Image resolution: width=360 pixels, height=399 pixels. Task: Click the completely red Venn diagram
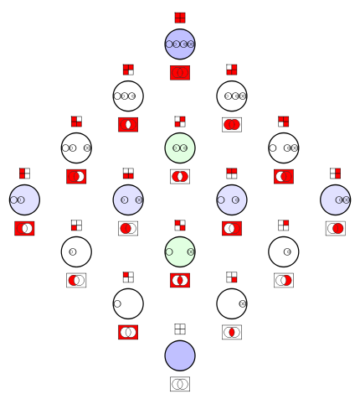pyautogui.click(x=180, y=73)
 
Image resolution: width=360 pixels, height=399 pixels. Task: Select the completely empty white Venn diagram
pyautogui.click(x=180, y=384)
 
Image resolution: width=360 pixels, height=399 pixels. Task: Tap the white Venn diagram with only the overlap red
pyautogui.click(x=232, y=332)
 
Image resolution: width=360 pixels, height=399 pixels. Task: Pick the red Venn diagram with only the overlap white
pyautogui.click(x=128, y=125)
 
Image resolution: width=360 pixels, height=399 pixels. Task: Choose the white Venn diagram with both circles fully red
pyautogui.click(x=232, y=125)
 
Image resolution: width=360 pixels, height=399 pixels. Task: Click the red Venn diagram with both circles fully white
pyautogui.click(x=128, y=332)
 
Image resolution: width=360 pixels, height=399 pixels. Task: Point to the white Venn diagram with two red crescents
pyautogui.click(x=180, y=177)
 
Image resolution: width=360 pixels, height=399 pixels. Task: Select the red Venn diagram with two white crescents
pyautogui.click(x=180, y=281)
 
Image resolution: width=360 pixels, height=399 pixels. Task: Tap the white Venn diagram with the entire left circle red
pyautogui.click(x=128, y=229)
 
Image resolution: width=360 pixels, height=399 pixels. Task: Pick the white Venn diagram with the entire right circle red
pyautogui.click(x=336, y=229)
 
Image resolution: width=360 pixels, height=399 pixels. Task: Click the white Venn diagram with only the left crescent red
pyautogui.click(x=76, y=281)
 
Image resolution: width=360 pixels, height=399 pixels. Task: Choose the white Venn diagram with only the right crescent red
pyautogui.click(x=284, y=281)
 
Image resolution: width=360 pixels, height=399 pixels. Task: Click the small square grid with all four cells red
pyautogui.click(x=180, y=18)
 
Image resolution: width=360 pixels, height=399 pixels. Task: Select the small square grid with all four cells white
pyautogui.click(x=180, y=329)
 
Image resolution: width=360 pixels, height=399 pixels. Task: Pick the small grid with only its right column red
pyautogui.click(x=336, y=174)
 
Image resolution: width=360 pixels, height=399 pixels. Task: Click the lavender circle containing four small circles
pyautogui.click(x=180, y=44)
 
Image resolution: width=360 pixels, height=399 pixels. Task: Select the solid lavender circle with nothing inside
pyautogui.click(x=180, y=355)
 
